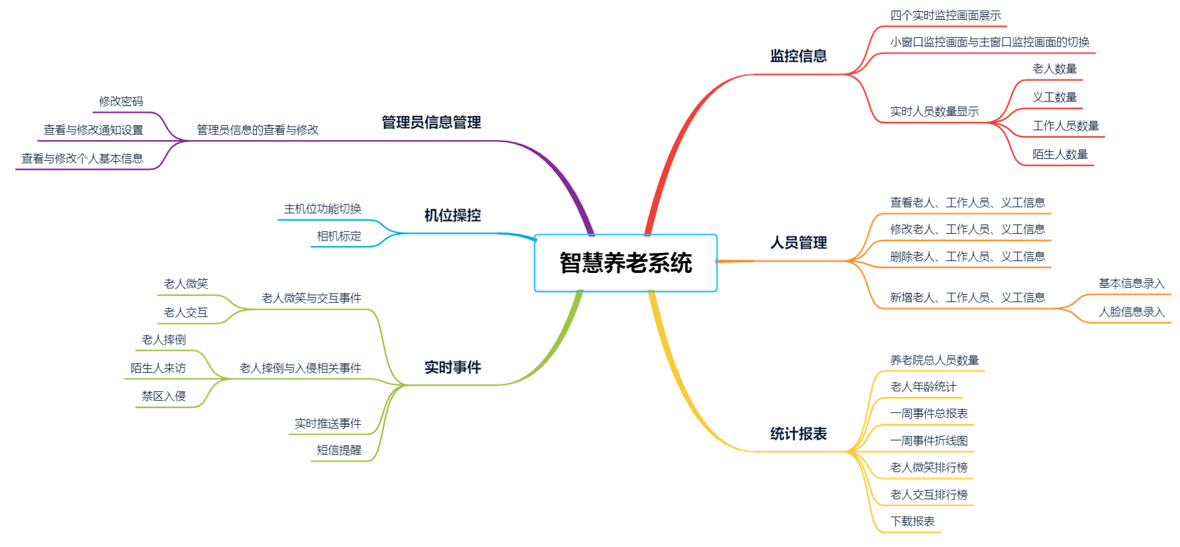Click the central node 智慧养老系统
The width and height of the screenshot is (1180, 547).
pyautogui.click(x=625, y=262)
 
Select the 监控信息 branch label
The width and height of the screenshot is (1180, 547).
pyautogui.click(x=798, y=56)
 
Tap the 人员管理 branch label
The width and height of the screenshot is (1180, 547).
pyautogui.click(x=798, y=243)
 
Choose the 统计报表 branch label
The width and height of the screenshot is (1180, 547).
pyautogui.click(x=798, y=434)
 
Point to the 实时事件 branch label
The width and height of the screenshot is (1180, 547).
pyautogui.click(x=452, y=368)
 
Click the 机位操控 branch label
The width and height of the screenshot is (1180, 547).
pyautogui.click(x=452, y=216)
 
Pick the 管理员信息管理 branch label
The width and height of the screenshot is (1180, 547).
pyautogui.click(x=431, y=122)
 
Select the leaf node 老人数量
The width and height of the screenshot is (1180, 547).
pyautogui.click(x=1054, y=69)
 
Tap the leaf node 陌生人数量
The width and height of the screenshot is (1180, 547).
pyautogui.click(x=1060, y=154)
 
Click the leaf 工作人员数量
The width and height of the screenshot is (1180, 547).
pyautogui.click(x=1065, y=126)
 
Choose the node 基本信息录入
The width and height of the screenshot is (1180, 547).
pyautogui.click(x=1131, y=283)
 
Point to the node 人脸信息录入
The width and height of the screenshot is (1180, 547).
pyautogui.click(x=1131, y=312)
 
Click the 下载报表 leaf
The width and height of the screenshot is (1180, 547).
pyautogui.click(x=912, y=521)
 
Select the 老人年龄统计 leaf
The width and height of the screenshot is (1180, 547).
pyautogui.click(x=923, y=387)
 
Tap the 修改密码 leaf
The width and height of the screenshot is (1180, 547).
pyautogui.click(x=121, y=102)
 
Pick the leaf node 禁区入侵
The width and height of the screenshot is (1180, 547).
pyautogui.click(x=163, y=396)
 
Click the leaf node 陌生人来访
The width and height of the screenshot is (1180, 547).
pyautogui.click(x=158, y=368)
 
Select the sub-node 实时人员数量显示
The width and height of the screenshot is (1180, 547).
pyautogui.click(x=934, y=112)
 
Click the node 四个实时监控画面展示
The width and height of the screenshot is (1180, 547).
pyautogui.click(x=945, y=15)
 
